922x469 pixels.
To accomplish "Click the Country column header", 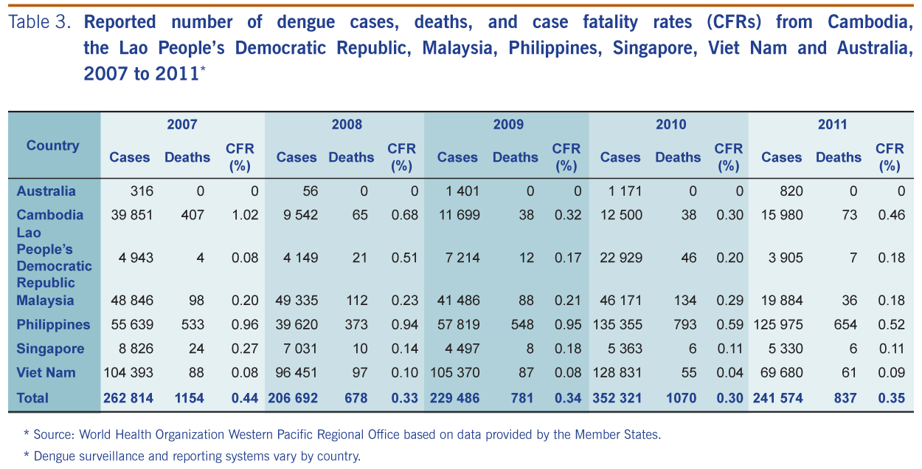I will [x=52, y=146].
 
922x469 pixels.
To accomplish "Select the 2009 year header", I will [x=508, y=124].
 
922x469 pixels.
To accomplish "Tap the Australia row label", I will [x=46, y=191].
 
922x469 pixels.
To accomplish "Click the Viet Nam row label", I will [x=46, y=373].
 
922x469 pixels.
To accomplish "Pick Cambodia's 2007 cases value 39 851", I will [x=132, y=215].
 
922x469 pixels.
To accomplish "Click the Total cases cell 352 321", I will [x=617, y=398].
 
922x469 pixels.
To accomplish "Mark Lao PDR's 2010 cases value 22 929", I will [x=622, y=258].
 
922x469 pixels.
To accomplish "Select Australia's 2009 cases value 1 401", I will [x=462, y=191].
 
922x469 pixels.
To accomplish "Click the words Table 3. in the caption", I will [x=40, y=22].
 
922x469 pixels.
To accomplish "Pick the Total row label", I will [x=32, y=398].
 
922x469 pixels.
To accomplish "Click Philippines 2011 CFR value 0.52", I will [x=890, y=325].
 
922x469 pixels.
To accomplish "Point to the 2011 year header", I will [x=832, y=124].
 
